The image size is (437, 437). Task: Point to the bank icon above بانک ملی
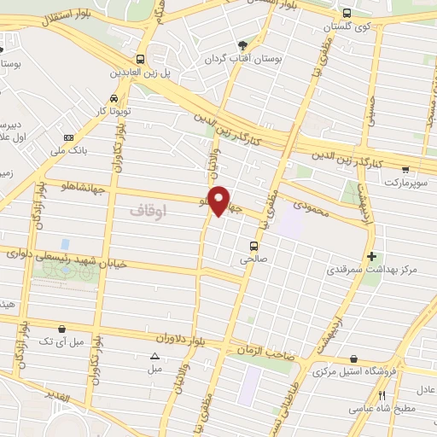pos(68,138)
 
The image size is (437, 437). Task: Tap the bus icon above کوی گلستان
pos(347,14)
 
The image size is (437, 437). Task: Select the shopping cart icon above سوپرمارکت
pos(405,170)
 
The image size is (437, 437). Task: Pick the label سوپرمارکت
pos(403,183)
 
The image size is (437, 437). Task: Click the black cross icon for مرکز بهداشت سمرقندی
pos(370,256)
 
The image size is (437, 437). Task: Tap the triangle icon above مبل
pos(154,356)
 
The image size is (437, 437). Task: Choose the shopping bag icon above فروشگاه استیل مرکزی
pos(353,359)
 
